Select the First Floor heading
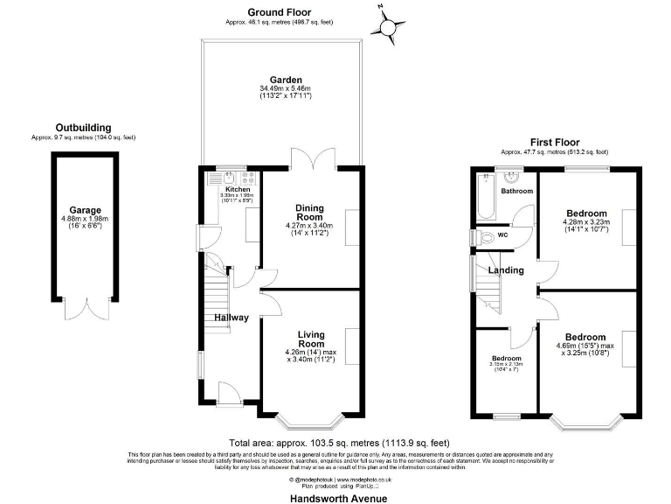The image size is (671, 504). pos(554,141)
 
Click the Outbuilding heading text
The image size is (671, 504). pos(83,127)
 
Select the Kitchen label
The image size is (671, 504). pos(238,189)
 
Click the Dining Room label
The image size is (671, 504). pos(309,213)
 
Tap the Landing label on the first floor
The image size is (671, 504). pos(505,270)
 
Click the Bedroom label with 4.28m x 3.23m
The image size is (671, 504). pos(585,213)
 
